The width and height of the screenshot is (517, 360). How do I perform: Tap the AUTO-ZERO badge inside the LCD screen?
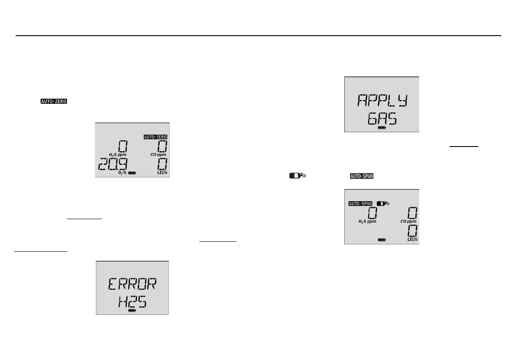[x=156, y=137]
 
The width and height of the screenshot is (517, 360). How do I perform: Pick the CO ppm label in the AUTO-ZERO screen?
[x=158, y=155]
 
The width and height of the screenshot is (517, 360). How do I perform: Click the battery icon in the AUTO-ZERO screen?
[x=131, y=173]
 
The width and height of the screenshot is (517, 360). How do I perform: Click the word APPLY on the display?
[x=382, y=101]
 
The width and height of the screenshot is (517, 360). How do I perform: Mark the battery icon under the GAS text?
[x=382, y=128]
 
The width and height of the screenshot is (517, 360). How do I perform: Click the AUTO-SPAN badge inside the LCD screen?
[x=360, y=203]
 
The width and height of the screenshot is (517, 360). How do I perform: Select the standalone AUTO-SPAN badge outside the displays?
[x=362, y=176]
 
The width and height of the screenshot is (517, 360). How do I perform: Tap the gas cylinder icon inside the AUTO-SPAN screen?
[x=383, y=203]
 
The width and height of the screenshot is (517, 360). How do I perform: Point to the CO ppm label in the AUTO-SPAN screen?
[x=408, y=221]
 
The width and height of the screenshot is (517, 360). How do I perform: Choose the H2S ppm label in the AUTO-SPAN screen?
[x=367, y=221]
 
